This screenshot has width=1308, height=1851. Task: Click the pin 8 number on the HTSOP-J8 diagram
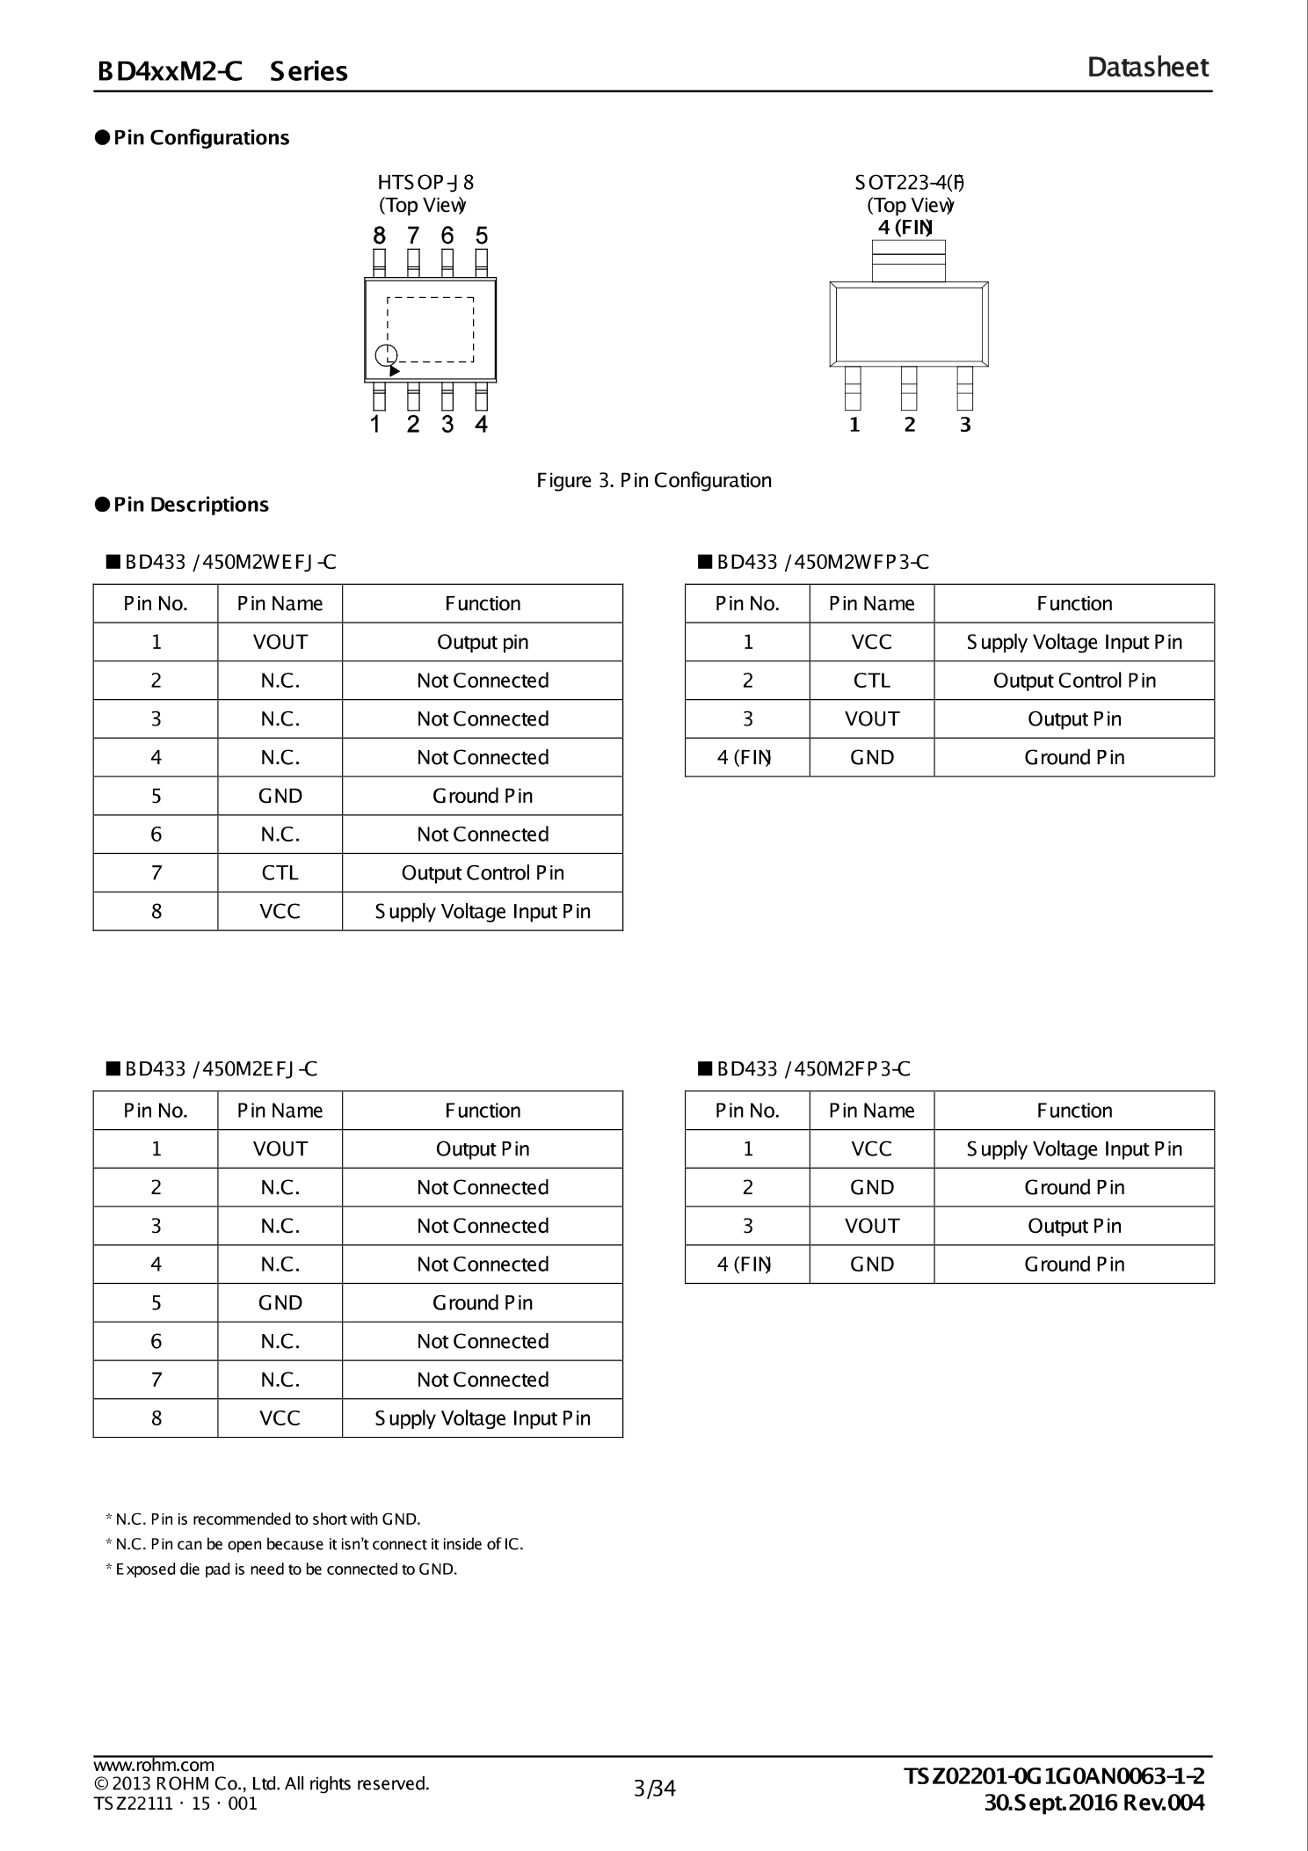(379, 236)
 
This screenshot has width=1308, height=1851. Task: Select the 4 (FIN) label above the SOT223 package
(905, 227)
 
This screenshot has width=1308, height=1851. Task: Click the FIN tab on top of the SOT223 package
(908, 260)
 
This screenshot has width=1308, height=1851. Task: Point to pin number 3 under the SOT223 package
(965, 425)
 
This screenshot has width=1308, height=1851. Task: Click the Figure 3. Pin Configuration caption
(654, 480)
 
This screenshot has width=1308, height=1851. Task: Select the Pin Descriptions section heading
(191, 505)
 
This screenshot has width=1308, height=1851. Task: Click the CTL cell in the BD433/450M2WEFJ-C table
(280, 872)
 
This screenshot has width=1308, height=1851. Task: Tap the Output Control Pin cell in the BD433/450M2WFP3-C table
(1073, 681)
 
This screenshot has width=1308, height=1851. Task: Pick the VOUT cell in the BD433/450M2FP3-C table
(871, 1226)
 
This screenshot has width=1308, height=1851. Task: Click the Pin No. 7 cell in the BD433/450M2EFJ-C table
(156, 1380)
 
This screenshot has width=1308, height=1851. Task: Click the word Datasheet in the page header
(1147, 68)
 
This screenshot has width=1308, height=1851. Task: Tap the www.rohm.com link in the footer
(154, 1765)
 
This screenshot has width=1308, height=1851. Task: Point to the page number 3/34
(654, 1789)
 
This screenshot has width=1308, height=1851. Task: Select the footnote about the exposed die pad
(281, 1569)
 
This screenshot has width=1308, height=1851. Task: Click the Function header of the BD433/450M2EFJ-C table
(482, 1111)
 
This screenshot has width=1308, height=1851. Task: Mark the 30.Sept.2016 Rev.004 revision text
(1094, 1803)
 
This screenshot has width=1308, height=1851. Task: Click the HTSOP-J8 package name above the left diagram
(425, 183)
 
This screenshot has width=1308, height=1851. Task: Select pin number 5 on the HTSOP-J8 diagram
(482, 236)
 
